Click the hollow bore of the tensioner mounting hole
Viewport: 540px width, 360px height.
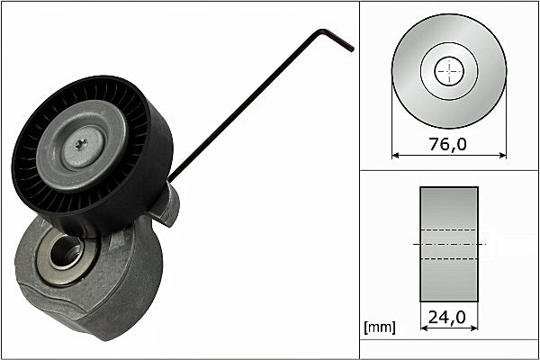pos(65,252)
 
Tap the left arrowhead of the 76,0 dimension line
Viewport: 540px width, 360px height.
pos(397,155)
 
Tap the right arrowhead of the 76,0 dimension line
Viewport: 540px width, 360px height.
pos(501,155)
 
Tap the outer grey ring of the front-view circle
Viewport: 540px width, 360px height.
pos(409,72)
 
